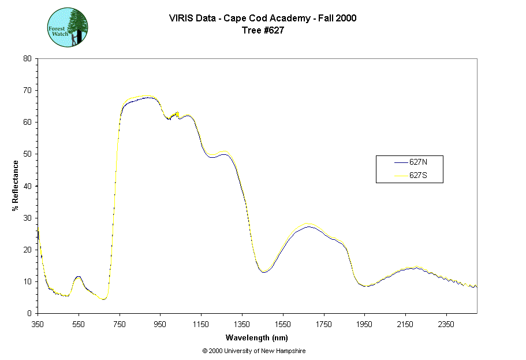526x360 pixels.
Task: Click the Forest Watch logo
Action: [67, 27]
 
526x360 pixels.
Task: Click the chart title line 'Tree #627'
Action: [263, 31]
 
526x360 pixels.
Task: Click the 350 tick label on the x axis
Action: [38, 324]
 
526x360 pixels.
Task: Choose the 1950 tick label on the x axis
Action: [365, 324]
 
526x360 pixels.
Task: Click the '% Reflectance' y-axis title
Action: [16, 185]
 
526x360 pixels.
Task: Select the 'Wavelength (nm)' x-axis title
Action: [257, 338]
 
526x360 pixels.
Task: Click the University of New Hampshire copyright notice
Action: [254, 351]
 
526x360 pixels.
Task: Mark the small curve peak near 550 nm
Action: [78, 277]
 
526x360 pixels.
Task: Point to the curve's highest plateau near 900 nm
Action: [148, 97]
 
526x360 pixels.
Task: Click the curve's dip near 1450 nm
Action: [264, 272]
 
